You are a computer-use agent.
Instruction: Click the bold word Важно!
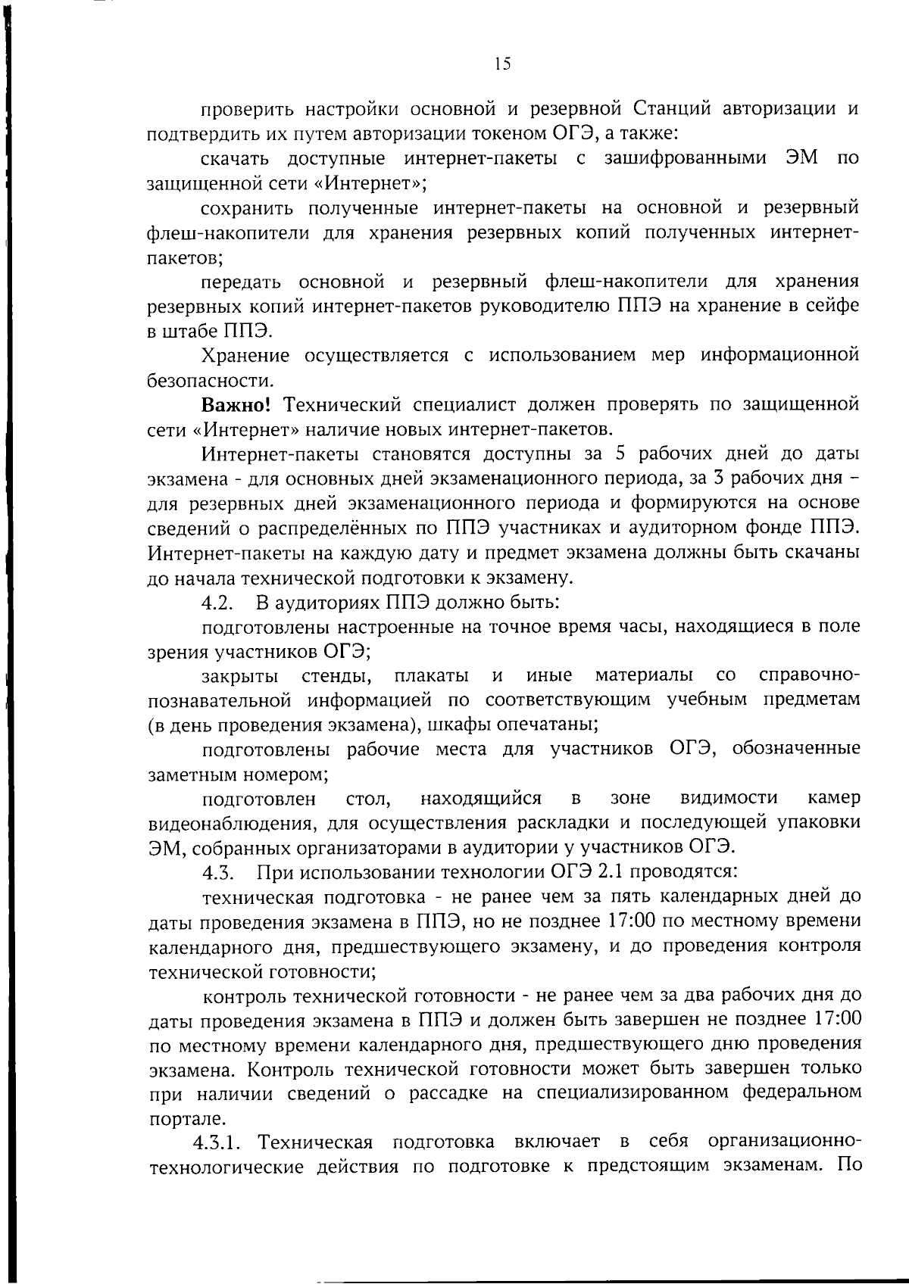click(x=236, y=404)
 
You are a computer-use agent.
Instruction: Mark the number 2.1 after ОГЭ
click(x=611, y=871)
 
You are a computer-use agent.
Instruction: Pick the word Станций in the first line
click(x=672, y=109)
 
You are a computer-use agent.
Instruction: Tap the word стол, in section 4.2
click(x=367, y=799)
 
